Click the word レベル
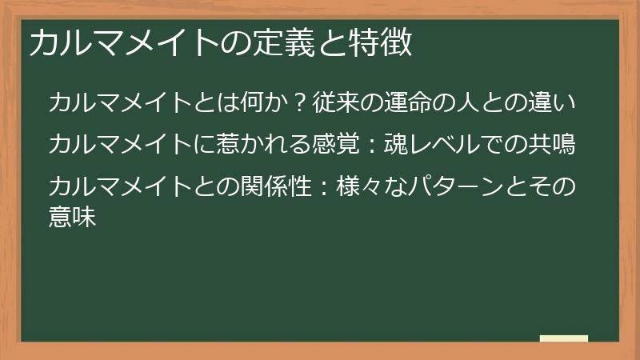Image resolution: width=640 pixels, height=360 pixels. (x=442, y=145)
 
